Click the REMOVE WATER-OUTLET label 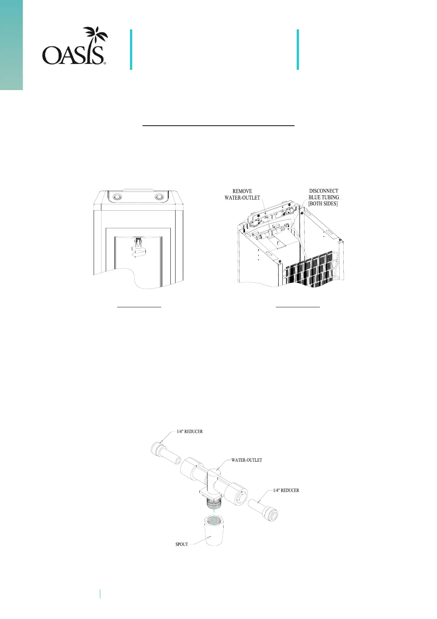(x=242, y=194)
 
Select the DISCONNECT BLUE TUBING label (x=324, y=194)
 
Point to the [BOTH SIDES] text (x=323, y=204)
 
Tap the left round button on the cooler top (x=116, y=197)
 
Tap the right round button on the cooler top (x=159, y=197)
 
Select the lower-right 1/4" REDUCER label (x=286, y=490)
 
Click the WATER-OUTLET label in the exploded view (x=246, y=460)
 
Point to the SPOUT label (x=182, y=544)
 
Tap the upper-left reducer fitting (x=166, y=454)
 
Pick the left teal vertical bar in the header (x=131, y=50)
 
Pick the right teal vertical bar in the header (x=297, y=50)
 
